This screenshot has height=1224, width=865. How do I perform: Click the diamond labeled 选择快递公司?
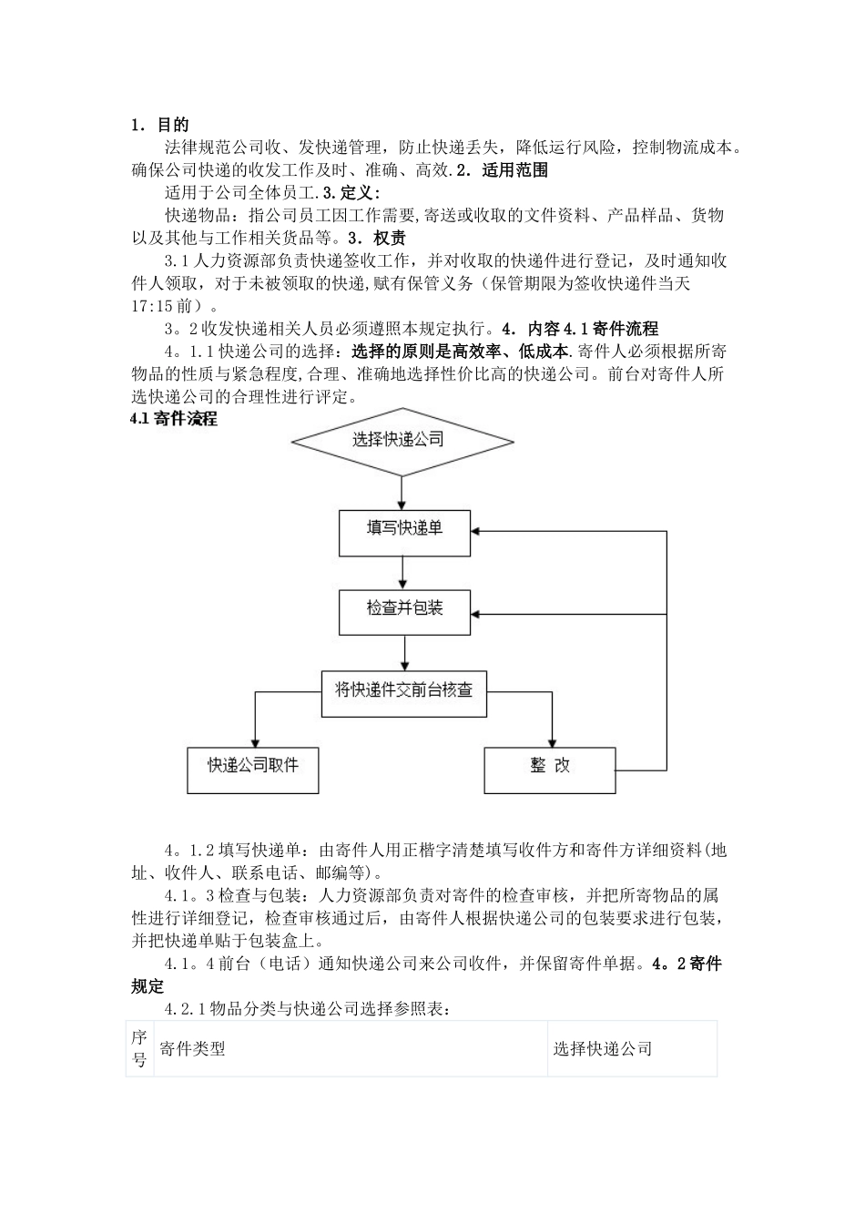(x=402, y=441)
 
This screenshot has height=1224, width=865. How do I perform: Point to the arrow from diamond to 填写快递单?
(x=402, y=493)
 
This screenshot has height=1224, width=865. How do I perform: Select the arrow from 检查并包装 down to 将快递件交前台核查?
(x=404, y=653)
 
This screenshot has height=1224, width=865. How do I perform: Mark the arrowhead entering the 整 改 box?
(x=550, y=741)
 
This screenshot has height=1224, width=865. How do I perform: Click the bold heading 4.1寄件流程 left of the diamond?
(x=174, y=420)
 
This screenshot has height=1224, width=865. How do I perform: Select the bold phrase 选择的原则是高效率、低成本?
(x=461, y=352)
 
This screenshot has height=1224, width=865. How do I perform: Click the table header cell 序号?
(x=139, y=1048)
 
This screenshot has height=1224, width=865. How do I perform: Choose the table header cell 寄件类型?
(x=192, y=1048)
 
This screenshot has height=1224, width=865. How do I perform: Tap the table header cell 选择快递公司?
(x=603, y=1048)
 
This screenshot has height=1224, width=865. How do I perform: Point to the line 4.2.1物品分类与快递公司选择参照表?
(x=306, y=1009)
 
